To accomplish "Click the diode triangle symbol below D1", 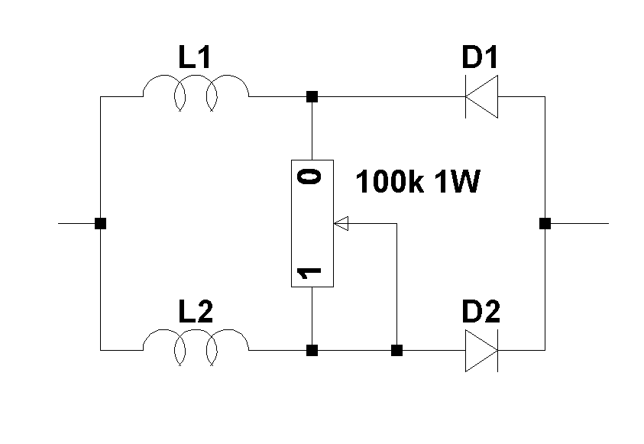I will click(x=482, y=97).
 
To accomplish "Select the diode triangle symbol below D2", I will click(x=482, y=351).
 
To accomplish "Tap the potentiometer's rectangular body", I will click(x=312, y=224).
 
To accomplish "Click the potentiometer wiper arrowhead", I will click(x=341, y=224).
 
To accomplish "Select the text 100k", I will click(x=388, y=183).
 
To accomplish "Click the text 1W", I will click(x=458, y=183).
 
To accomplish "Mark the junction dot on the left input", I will click(x=100, y=224).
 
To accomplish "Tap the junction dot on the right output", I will click(x=545, y=224).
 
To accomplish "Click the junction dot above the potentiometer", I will click(x=312, y=97).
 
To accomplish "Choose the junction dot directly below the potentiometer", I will click(x=312, y=351).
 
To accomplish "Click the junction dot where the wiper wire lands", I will click(x=396, y=351).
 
